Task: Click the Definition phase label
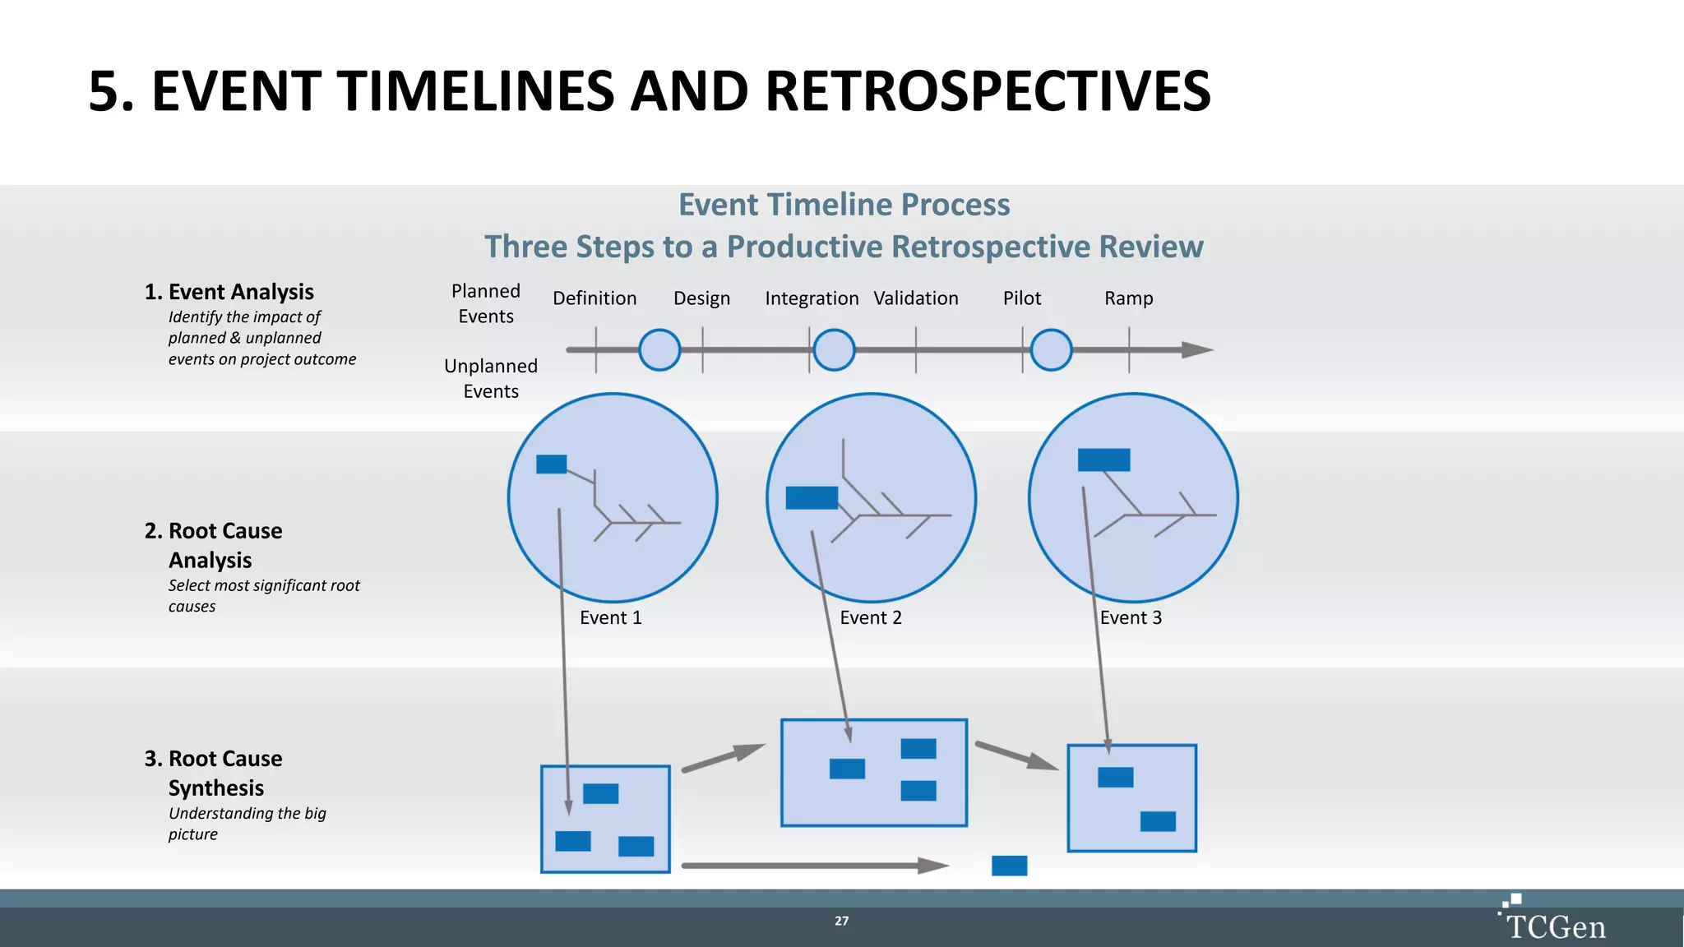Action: click(x=594, y=298)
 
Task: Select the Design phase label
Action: click(x=701, y=298)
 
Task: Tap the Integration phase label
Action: click(x=812, y=298)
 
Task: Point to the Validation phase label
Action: click(x=915, y=298)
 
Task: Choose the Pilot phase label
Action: click(x=1021, y=298)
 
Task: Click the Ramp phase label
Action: click(x=1128, y=298)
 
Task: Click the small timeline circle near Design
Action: click(x=659, y=350)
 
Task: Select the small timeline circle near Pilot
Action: click(x=1051, y=350)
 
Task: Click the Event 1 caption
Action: click(x=610, y=618)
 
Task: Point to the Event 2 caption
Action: click(x=871, y=618)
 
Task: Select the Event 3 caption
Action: click(x=1131, y=618)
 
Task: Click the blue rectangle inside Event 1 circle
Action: click(x=551, y=464)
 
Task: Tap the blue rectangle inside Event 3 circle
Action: click(x=1103, y=460)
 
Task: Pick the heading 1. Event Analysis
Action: click(x=229, y=292)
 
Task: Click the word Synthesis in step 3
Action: click(x=216, y=788)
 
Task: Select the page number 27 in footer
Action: click(x=841, y=921)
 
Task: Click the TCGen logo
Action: click(x=1553, y=922)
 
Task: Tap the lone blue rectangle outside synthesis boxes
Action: click(x=1009, y=866)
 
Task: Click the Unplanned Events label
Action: click(x=491, y=378)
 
